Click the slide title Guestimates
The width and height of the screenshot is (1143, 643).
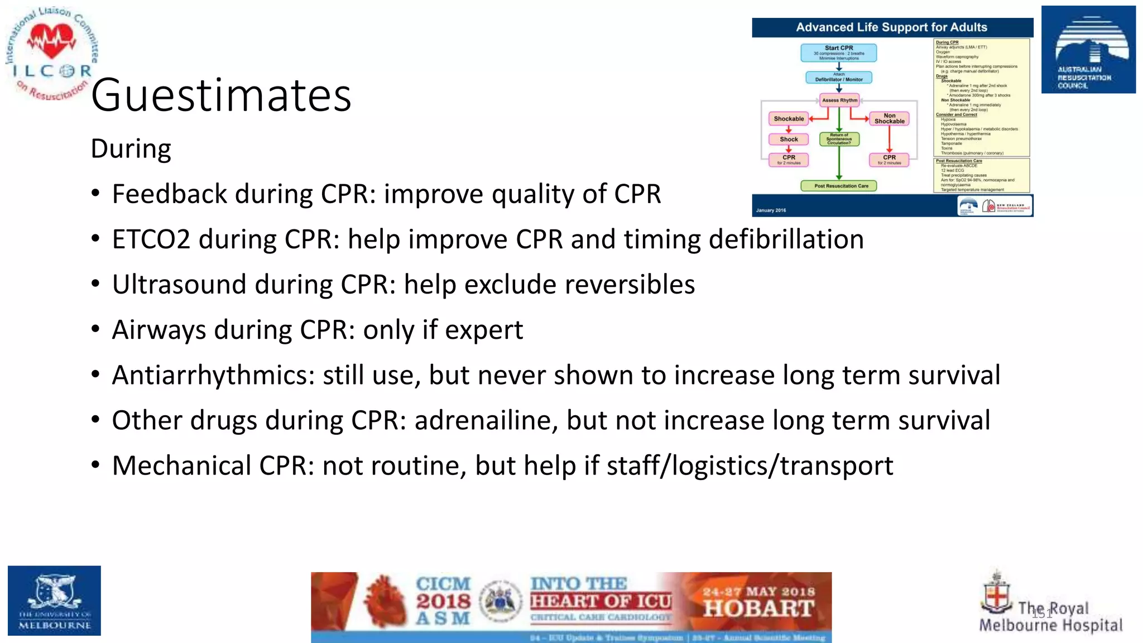click(221, 95)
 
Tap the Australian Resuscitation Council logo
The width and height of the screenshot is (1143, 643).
click(1088, 50)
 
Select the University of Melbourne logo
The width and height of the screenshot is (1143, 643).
click(54, 601)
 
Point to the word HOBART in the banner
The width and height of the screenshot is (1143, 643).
click(758, 608)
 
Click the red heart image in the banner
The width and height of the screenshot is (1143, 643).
click(385, 602)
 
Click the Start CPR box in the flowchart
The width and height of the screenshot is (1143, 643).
click(838, 52)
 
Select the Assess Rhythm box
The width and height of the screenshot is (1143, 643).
click(839, 100)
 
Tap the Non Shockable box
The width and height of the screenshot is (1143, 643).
click(889, 118)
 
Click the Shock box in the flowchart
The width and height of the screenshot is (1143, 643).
click(789, 140)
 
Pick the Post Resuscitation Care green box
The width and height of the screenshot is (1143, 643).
click(838, 186)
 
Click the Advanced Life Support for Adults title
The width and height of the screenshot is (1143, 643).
click(891, 27)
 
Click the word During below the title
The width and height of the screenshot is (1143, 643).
click(131, 149)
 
